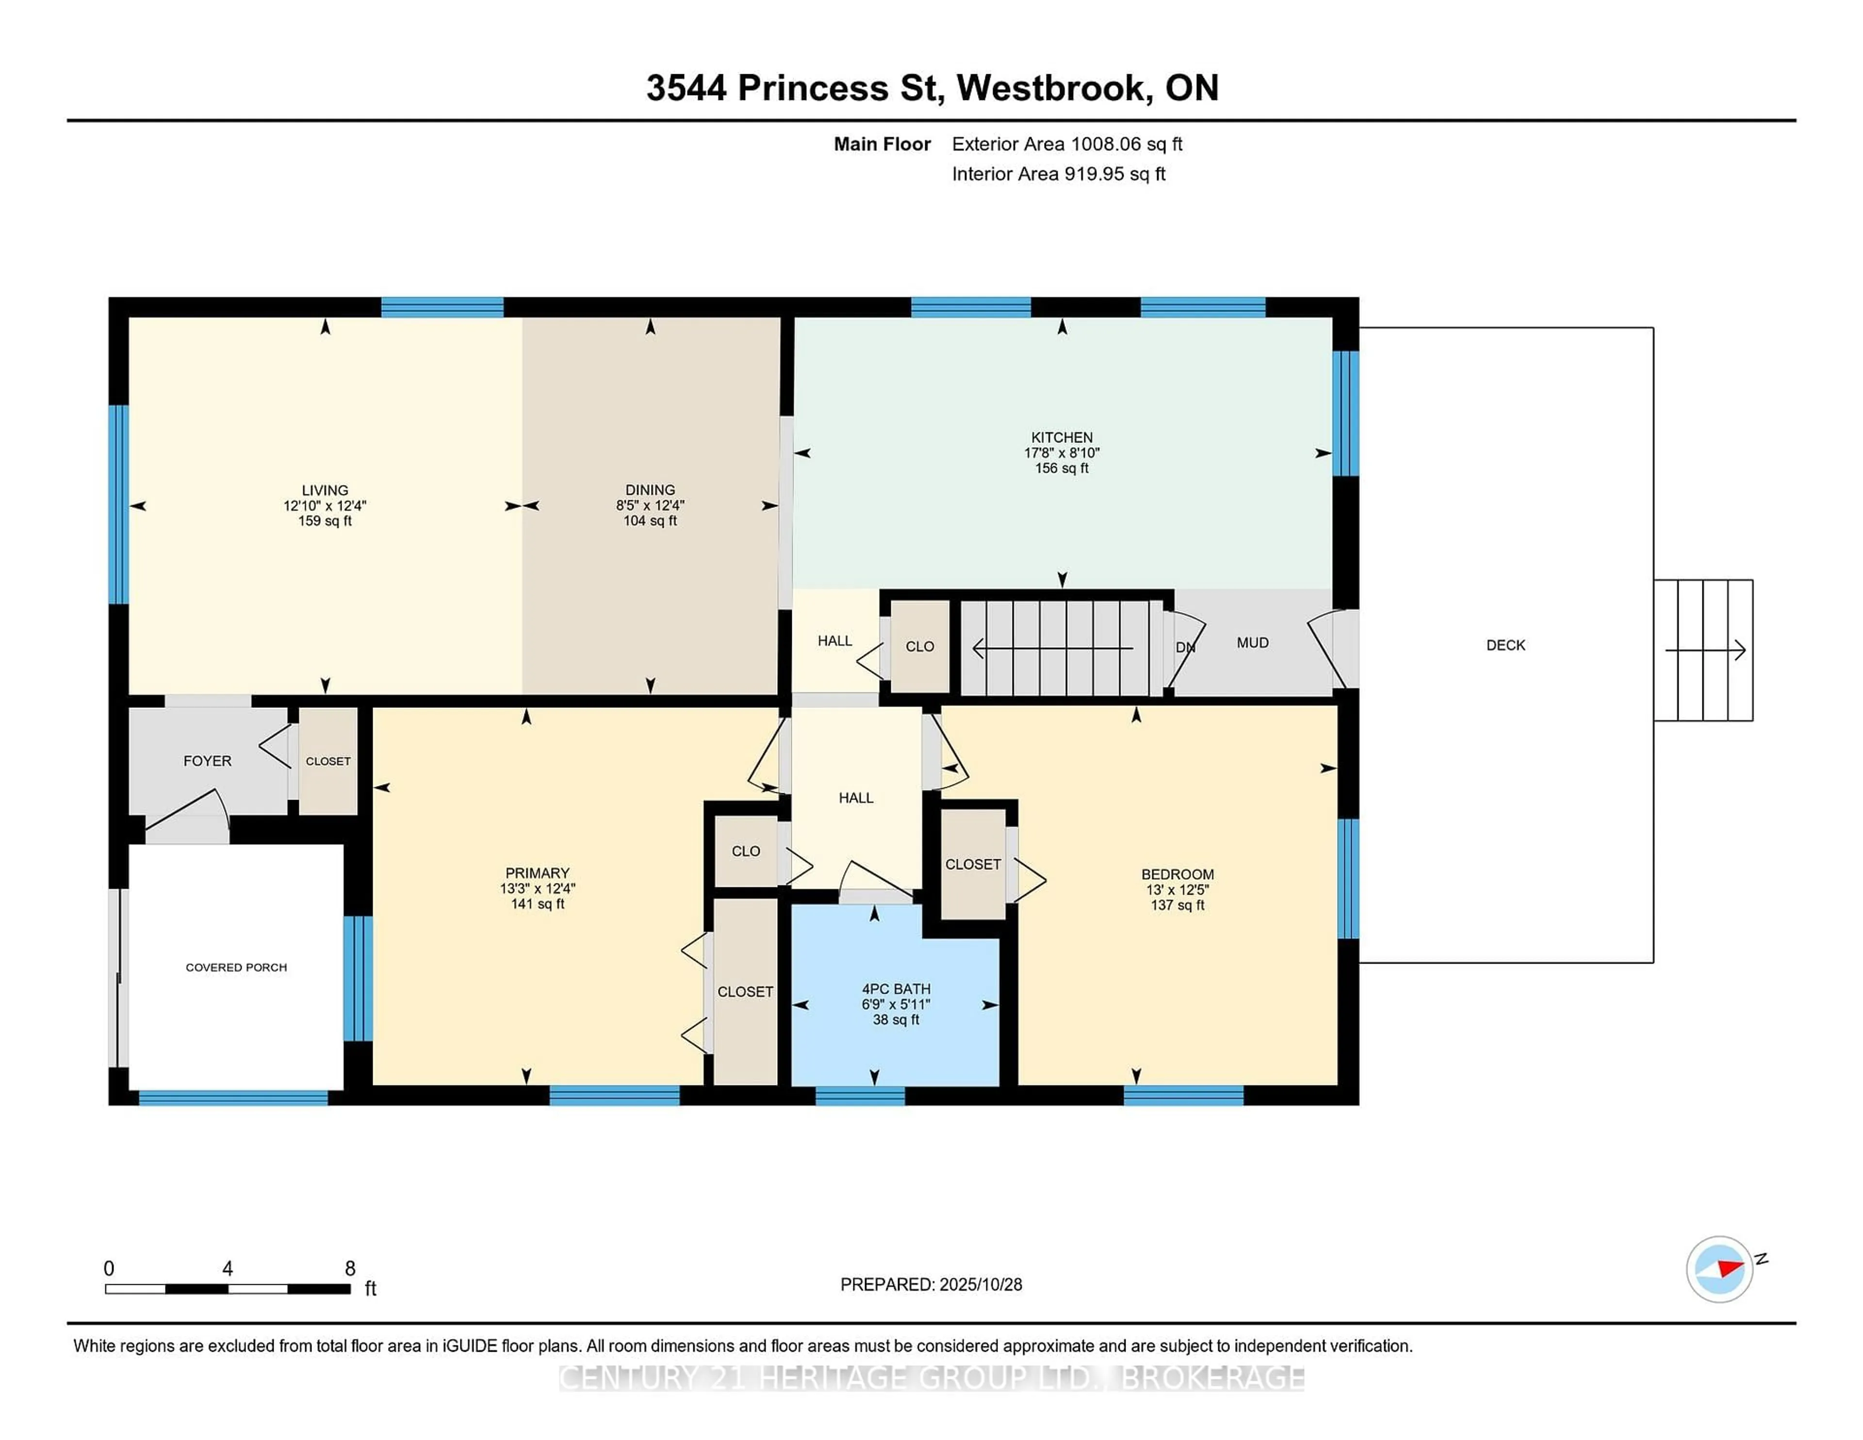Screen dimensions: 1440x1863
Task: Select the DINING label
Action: (650, 490)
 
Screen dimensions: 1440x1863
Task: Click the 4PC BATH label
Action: (896, 989)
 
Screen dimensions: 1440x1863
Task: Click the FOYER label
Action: (207, 761)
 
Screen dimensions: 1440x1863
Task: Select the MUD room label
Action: (1252, 642)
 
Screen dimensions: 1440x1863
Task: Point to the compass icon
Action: (1719, 1269)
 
